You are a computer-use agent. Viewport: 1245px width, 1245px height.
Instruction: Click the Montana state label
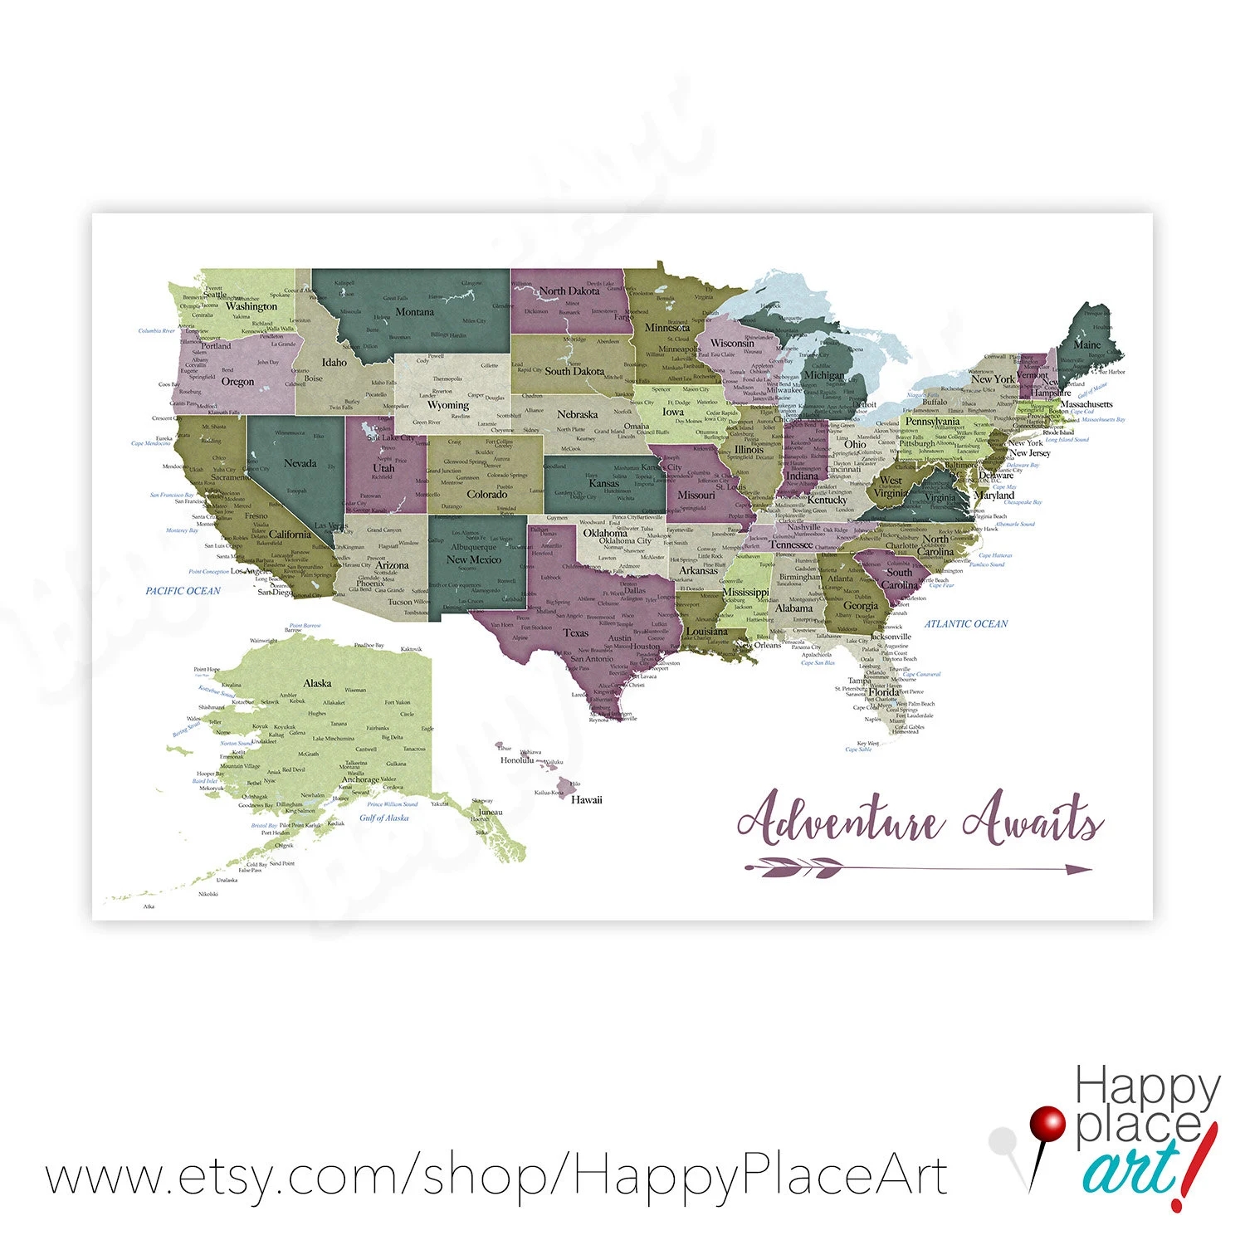tap(414, 312)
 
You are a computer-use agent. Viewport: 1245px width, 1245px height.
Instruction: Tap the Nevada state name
tap(300, 463)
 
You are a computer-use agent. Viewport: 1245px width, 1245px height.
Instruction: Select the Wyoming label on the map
tap(448, 405)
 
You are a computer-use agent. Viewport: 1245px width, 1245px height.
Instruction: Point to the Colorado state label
tap(486, 494)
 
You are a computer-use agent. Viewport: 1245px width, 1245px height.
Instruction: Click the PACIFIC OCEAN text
tap(183, 591)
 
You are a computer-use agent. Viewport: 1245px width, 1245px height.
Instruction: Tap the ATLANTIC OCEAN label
tap(966, 623)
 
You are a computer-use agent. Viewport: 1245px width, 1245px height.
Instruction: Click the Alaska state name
tap(317, 683)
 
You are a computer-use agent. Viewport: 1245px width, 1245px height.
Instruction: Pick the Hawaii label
tap(586, 800)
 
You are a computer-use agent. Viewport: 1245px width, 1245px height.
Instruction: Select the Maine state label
tap(1087, 344)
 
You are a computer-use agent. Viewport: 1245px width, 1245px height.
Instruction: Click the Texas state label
tap(576, 632)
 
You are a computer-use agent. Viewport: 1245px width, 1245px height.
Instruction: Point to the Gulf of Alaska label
tap(383, 818)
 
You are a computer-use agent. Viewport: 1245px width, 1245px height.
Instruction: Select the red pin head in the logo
tap(1047, 1125)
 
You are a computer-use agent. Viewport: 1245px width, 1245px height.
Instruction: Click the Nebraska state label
tap(577, 414)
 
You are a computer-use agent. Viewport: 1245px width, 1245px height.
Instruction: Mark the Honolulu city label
tap(517, 759)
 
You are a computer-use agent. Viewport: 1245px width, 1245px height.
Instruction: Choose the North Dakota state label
tap(569, 291)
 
